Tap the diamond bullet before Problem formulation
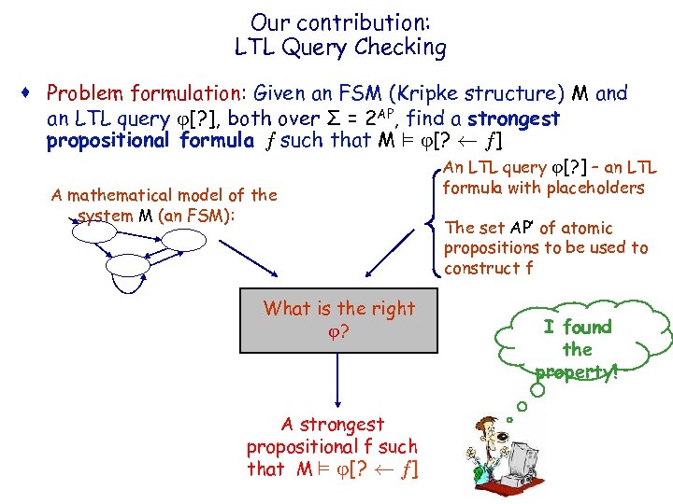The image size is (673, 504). coord(33,93)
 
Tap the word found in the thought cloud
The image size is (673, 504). coord(587,327)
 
